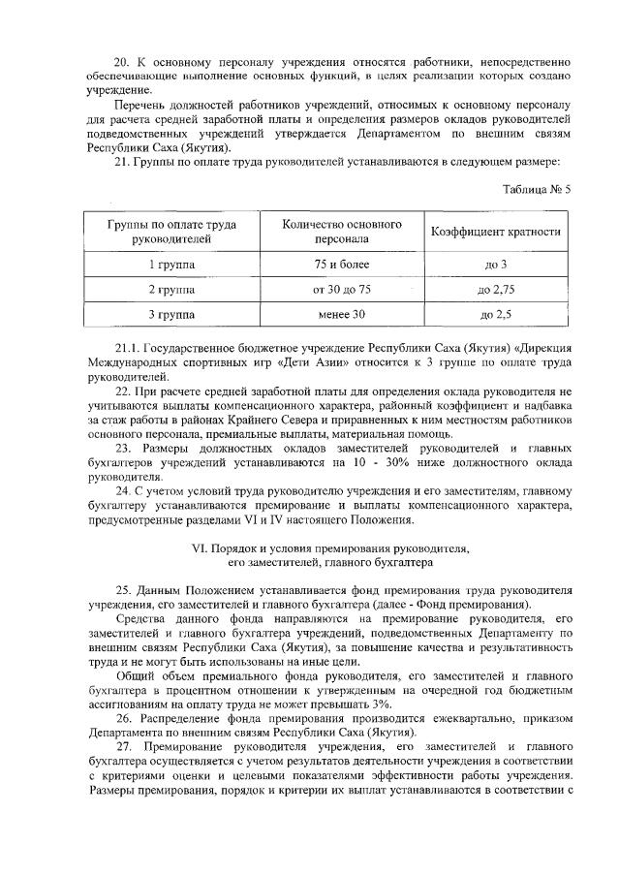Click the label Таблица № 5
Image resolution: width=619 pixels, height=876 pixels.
pos(537,189)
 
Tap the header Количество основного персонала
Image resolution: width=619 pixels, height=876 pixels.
pos(341,232)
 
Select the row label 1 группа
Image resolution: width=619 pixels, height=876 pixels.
pos(170,265)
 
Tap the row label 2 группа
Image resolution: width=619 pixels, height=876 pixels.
pos(170,290)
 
